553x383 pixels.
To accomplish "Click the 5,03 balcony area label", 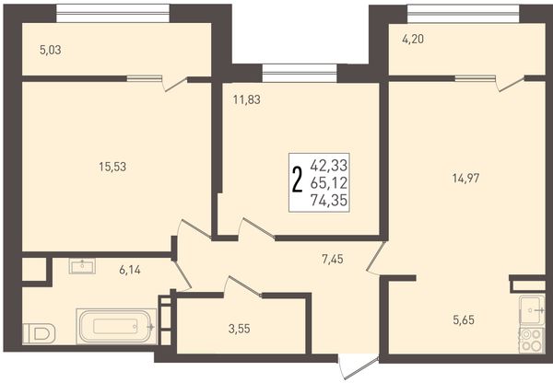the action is [x=51, y=50].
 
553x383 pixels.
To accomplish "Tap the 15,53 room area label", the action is [x=112, y=167].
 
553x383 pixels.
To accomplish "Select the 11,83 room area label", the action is [x=246, y=99].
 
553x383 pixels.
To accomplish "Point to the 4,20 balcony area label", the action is [x=413, y=39].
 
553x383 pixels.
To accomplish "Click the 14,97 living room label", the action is [x=465, y=179].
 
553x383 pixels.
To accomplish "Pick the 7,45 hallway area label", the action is [x=332, y=260].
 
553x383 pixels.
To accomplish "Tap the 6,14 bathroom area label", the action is [x=130, y=271].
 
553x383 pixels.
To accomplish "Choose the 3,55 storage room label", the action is [x=239, y=329].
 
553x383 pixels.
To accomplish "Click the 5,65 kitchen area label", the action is [x=464, y=319].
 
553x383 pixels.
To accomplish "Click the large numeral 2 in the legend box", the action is [x=298, y=180].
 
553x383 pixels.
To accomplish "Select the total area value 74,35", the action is [x=329, y=201].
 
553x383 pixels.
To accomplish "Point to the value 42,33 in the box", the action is [x=329, y=165].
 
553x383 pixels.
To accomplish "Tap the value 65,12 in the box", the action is [x=329, y=183].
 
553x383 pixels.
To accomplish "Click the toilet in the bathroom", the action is [x=39, y=333].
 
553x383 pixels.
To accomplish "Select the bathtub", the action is [x=116, y=326].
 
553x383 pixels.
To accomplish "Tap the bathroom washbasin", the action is [x=82, y=266].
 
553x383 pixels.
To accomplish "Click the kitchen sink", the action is [x=532, y=309].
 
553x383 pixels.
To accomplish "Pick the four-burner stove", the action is [x=532, y=340].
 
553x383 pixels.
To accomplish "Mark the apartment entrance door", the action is [x=359, y=368].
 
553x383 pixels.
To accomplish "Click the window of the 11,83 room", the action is [x=300, y=73].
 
